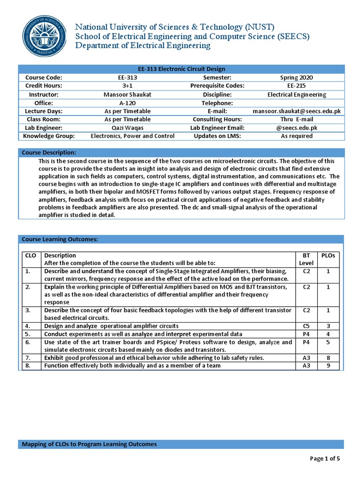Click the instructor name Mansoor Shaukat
(127, 94)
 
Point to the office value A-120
(127, 103)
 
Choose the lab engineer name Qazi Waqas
(127, 128)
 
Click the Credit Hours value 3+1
(127, 86)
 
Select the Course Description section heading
(49, 153)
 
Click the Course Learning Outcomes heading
(60, 239)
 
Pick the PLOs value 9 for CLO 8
(328, 365)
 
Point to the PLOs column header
(328, 255)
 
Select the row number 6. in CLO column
(28, 342)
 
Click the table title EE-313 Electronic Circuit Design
(181, 69)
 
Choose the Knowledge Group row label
(49, 136)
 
